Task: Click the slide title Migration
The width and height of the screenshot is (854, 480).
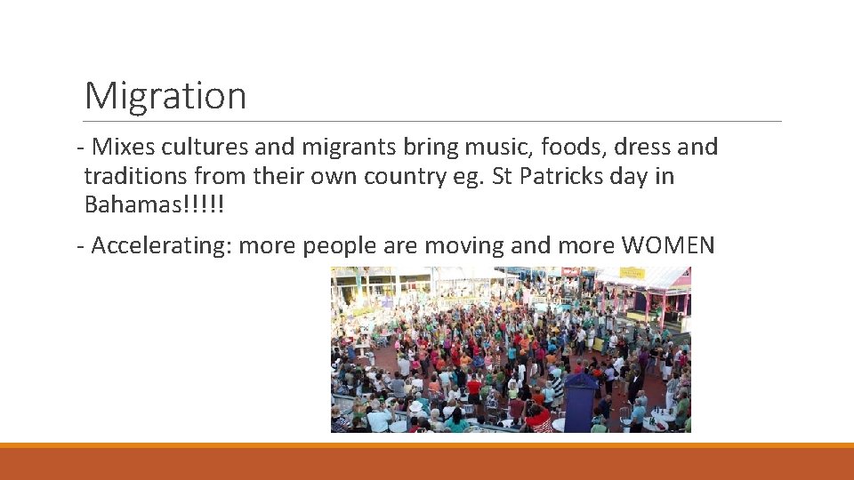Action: click(x=165, y=95)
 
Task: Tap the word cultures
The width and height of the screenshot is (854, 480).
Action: click(x=200, y=147)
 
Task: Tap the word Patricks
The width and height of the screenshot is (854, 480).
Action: click(x=563, y=176)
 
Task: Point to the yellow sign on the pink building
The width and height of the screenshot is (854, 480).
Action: click(x=632, y=274)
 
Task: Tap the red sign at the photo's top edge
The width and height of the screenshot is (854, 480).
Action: click(x=570, y=271)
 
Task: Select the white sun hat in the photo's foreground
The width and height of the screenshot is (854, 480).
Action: click(x=415, y=406)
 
